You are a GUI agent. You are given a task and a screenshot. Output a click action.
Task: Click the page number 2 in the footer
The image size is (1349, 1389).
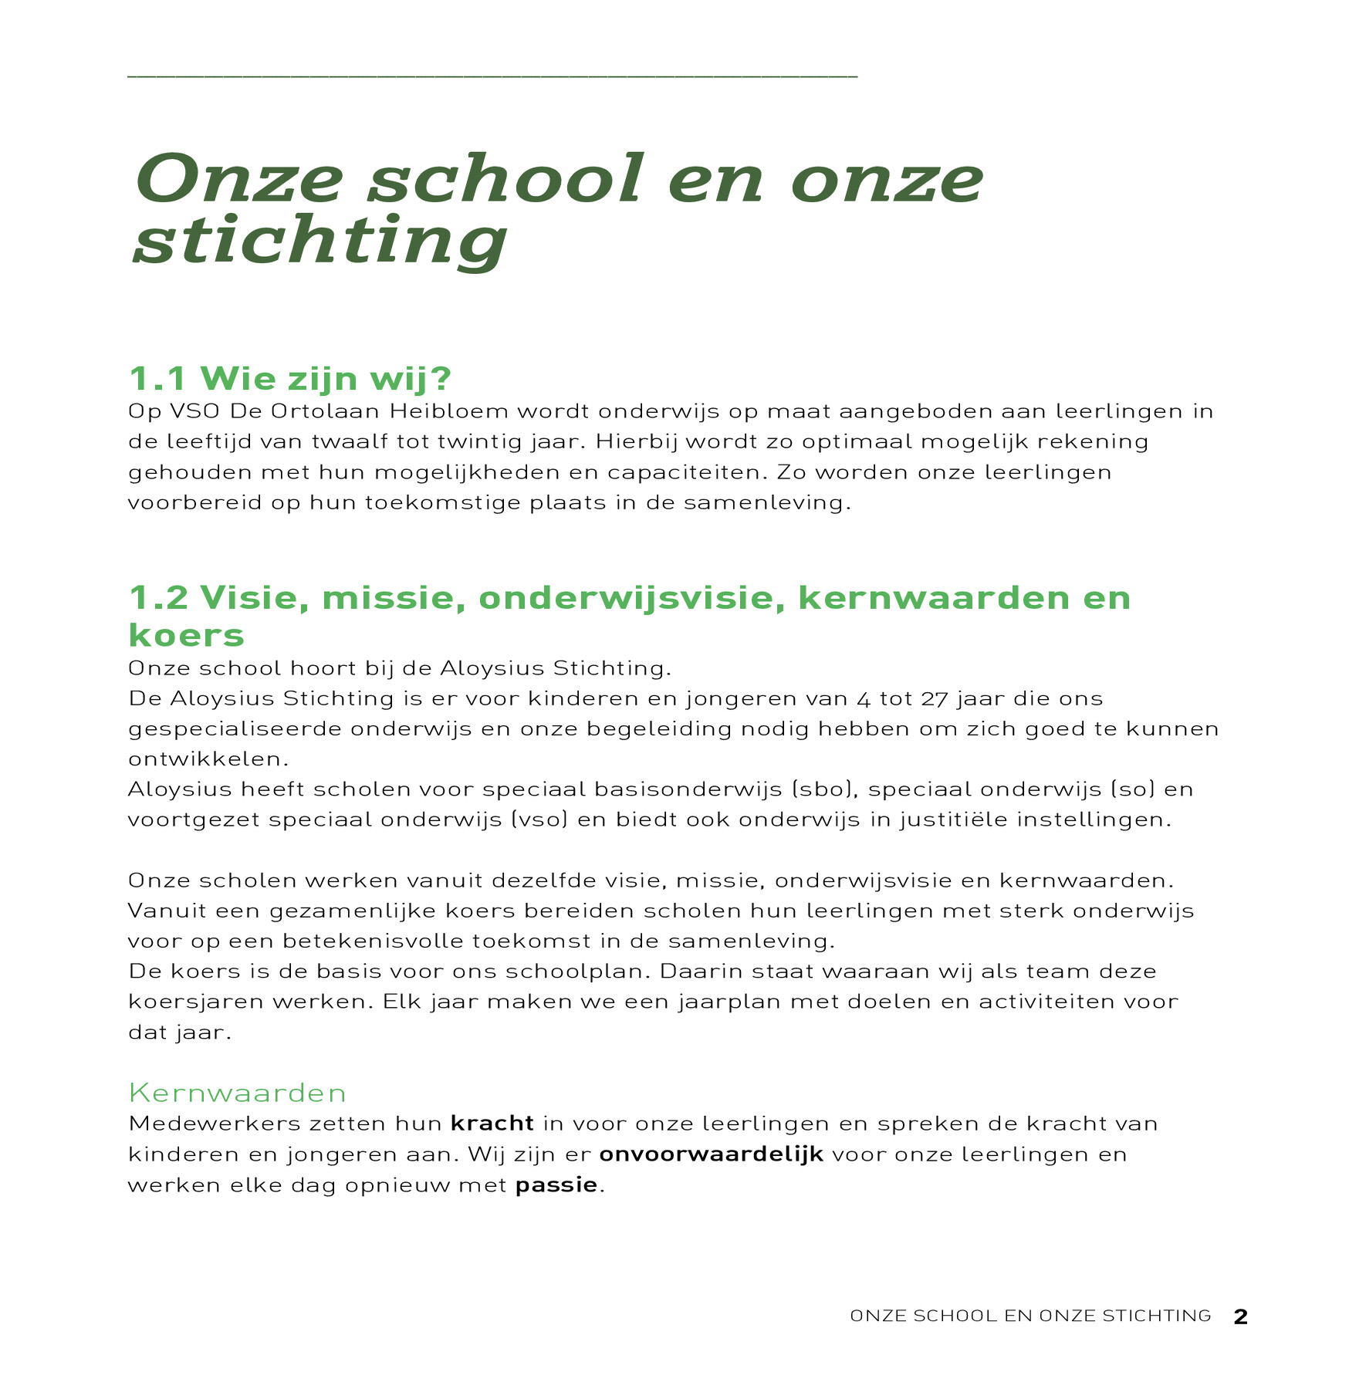pos(1240,1316)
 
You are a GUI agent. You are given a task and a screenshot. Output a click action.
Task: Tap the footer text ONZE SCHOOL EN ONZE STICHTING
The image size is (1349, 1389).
pos(1030,1316)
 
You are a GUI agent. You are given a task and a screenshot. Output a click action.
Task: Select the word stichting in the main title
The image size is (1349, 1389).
pos(320,242)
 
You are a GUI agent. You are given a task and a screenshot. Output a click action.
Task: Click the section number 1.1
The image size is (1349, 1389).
pos(157,379)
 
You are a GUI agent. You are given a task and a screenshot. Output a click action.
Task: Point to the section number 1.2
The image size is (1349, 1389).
pos(158,598)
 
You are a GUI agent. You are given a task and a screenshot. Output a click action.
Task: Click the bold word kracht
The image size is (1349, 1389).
pos(492,1123)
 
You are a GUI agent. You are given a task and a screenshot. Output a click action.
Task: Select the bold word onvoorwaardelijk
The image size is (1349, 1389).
pos(712,1154)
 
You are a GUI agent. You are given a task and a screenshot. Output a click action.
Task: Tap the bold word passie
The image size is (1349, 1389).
pos(556,1185)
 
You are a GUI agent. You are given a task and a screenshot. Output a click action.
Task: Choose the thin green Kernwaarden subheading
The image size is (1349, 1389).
pos(238,1093)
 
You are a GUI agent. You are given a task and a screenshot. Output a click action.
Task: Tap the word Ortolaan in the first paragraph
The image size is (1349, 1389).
pos(324,411)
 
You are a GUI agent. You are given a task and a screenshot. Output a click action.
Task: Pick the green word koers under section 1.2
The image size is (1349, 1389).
pos(186,636)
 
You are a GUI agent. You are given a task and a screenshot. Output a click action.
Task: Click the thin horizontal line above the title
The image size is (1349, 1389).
pos(492,76)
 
